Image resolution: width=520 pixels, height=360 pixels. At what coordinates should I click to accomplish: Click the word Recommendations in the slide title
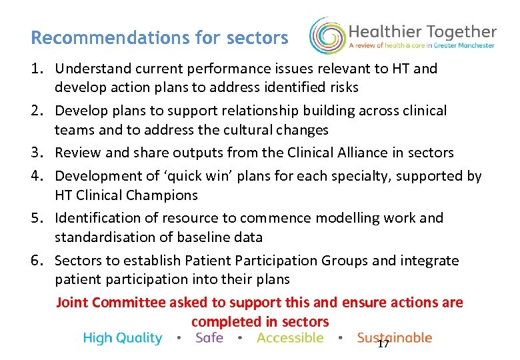coord(85,37)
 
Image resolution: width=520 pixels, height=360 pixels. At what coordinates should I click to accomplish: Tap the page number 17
coord(383,344)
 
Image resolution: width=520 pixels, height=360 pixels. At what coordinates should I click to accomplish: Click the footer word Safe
coord(209,338)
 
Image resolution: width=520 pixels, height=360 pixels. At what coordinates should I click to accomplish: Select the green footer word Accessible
coord(290,338)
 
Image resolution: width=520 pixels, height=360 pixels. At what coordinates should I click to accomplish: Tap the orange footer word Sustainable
coord(394,338)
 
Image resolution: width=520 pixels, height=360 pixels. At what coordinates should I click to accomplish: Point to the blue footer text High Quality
coord(123,339)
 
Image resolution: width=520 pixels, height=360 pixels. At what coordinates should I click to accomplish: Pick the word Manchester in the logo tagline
coord(475,45)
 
